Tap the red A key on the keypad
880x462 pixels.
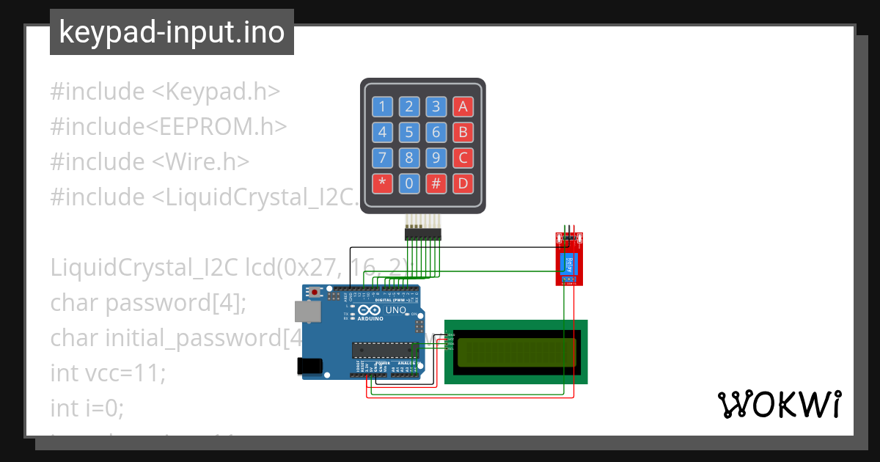(462, 107)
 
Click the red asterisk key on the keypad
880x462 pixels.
(382, 183)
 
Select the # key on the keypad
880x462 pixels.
(436, 183)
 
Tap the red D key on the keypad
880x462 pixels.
(462, 183)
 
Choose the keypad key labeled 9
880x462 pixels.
(436, 158)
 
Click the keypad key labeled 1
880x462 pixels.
(382, 107)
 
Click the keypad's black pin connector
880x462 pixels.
(422, 234)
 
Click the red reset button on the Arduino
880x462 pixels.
(315, 292)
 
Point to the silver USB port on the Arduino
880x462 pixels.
(307, 312)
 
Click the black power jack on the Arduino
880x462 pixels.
(309, 366)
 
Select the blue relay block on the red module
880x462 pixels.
(569, 263)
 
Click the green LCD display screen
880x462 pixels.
(516, 351)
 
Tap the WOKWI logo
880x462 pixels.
(779, 405)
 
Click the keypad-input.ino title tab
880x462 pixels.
(172, 33)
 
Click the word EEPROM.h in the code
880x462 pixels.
(219, 127)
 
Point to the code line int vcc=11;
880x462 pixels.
(109, 373)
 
